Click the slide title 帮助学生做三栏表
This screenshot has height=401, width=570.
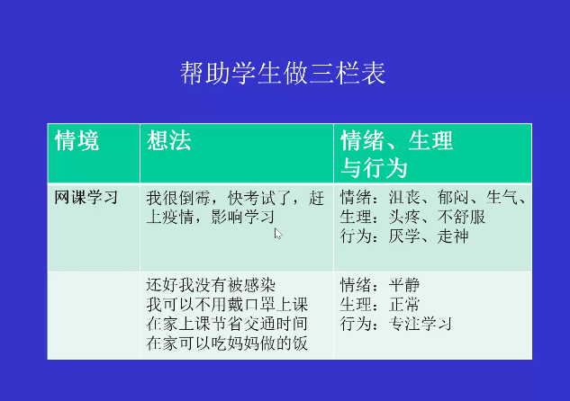[x=283, y=73]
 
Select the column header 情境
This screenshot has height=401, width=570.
[x=77, y=140]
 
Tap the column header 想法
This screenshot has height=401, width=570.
[x=169, y=140]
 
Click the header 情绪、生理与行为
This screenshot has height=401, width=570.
[x=396, y=155]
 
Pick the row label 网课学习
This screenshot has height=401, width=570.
[x=86, y=198]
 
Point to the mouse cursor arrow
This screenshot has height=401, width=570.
[x=278, y=234]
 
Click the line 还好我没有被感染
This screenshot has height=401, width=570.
[x=211, y=285]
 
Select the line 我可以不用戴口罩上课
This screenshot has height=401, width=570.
[x=227, y=305]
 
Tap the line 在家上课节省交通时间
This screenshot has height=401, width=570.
[x=227, y=324]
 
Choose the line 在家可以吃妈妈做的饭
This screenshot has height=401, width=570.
[x=227, y=343]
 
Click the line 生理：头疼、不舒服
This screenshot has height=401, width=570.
[x=413, y=217]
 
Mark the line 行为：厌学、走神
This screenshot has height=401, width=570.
[x=404, y=236]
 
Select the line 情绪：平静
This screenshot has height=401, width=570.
[x=380, y=285]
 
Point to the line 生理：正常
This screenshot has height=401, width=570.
[x=380, y=305]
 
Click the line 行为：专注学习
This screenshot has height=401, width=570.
[x=396, y=324]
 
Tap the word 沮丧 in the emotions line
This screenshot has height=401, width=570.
[x=404, y=198]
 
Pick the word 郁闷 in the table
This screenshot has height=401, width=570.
[x=453, y=198]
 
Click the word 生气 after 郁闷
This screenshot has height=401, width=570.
[x=502, y=198]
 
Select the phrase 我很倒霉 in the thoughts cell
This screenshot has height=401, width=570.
[x=178, y=198]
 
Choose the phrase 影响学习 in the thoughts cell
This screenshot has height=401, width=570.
[x=243, y=217]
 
